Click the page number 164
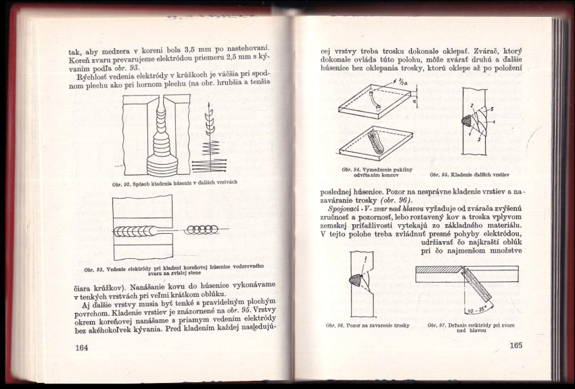click(82, 348)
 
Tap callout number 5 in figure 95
click(491, 108)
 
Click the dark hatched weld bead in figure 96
click(354, 279)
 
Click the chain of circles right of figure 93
click(202, 229)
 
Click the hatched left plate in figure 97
click(438, 269)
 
